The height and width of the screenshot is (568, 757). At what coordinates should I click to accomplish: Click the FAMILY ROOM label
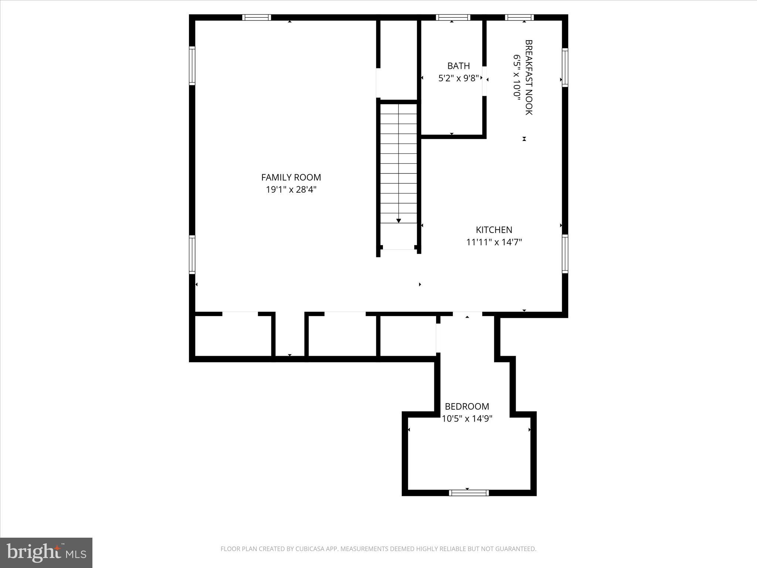[291, 177]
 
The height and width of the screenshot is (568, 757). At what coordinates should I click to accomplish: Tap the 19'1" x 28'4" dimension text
[291, 190]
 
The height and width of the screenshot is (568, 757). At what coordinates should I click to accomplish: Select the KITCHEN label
[494, 230]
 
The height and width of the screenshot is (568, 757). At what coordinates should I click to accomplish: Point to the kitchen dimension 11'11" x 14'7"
[494, 242]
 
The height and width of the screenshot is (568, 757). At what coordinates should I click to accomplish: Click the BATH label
[458, 66]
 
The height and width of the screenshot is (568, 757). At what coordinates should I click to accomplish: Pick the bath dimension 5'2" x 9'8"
[458, 78]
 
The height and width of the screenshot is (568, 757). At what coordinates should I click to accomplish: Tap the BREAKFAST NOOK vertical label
[529, 77]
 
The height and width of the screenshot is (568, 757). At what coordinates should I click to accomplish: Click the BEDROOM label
[467, 406]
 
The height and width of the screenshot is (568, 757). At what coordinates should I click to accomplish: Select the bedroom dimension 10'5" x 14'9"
[467, 419]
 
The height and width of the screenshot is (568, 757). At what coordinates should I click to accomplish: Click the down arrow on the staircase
[398, 220]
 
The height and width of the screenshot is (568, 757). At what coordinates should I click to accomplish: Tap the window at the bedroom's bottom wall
[469, 493]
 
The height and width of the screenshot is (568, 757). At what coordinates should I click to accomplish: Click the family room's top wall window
[257, 17]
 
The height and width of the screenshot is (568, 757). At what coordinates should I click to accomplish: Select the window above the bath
[453, 17]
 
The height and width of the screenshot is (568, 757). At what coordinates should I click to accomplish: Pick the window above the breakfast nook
[519, 17]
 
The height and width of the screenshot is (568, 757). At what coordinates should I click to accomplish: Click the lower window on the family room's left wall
[192, 254]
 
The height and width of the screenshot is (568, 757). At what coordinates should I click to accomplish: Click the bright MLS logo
[46, 552]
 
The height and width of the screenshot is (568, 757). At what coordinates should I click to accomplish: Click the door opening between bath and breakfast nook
[484, 81]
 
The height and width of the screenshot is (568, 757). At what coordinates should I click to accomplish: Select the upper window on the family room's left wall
[192, 65]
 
